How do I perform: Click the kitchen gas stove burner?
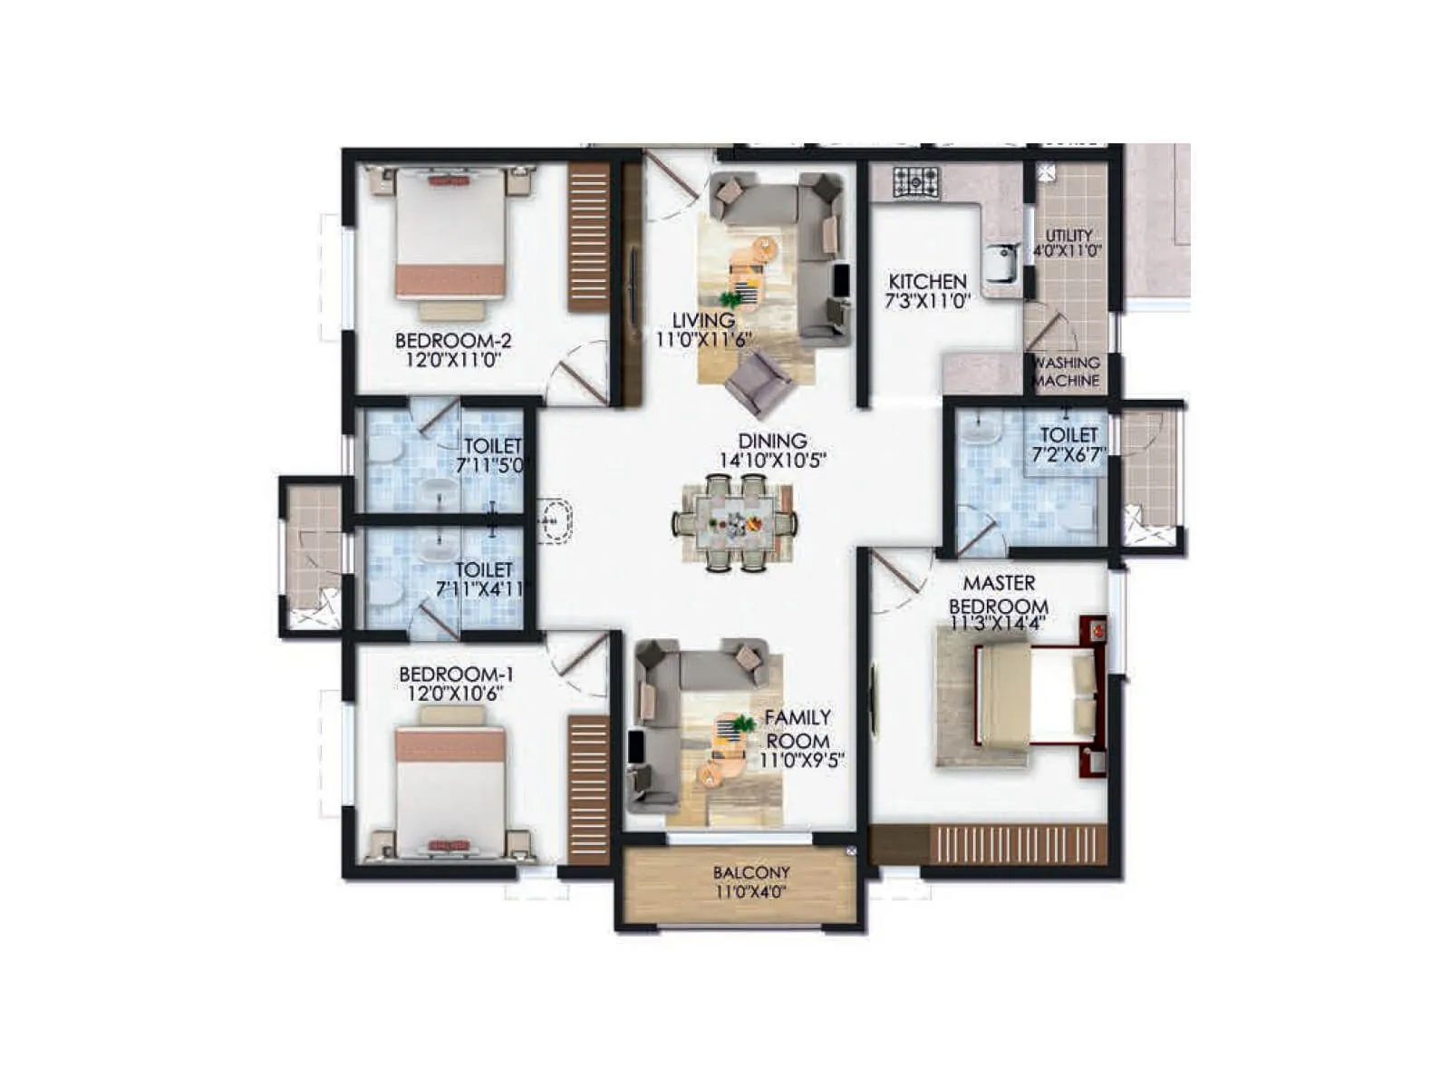click(917, 181)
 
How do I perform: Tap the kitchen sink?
click(1003, 262)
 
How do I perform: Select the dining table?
click(735, 523)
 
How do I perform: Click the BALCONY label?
click(751, 872)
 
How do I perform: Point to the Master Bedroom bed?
click(1038, 694)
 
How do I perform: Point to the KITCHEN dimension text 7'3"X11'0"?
click(927, 301)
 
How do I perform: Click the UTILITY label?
click(1068, 235)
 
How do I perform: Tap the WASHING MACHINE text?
click(1066, 372)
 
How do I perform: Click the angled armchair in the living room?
click(759, 381)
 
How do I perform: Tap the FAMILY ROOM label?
click(797, 729)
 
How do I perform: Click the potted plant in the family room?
click(743, 724)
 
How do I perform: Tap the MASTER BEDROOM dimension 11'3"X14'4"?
click(998, 623)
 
